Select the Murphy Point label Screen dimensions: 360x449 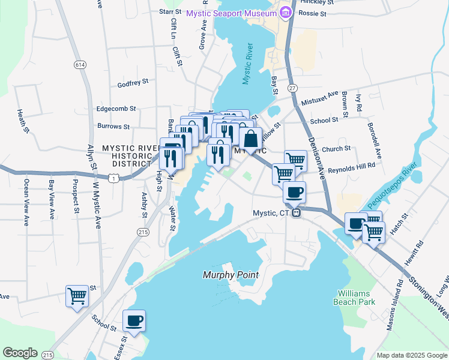coord(231,275)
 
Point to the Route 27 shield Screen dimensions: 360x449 coord(293,88)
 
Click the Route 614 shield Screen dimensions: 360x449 coord(80,64)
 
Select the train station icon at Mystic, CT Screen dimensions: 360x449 coord(296,214)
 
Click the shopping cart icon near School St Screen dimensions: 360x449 coord(76,295)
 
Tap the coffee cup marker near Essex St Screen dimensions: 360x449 coord(134,320)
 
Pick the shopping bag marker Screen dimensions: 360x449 coord(250,139)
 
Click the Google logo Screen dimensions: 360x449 coord(20,353)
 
